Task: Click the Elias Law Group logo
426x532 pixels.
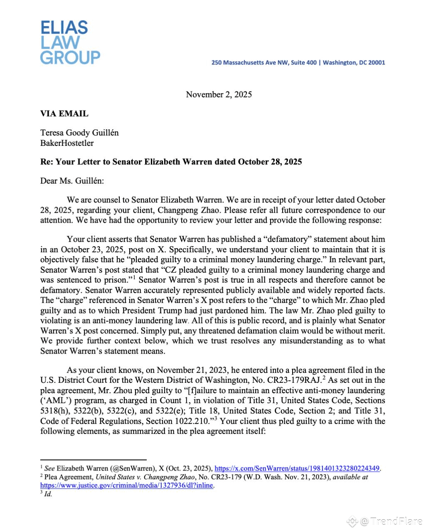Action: [70, 42]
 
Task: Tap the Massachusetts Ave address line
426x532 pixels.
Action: [298, 63]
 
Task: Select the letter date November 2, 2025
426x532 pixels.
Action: [219, 94]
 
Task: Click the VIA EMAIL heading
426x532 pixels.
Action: [64, 113]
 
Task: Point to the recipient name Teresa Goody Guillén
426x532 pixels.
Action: [79, 133]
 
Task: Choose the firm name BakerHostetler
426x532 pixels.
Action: [67, 143]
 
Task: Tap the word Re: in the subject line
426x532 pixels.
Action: [47, 162]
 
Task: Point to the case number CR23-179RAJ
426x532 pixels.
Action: [301, 380]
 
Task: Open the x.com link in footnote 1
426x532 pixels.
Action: [297, 468]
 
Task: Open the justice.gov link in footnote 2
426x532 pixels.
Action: [127, 485]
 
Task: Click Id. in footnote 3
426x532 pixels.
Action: [48, 495]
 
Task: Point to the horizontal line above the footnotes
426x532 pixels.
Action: [94, 460]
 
